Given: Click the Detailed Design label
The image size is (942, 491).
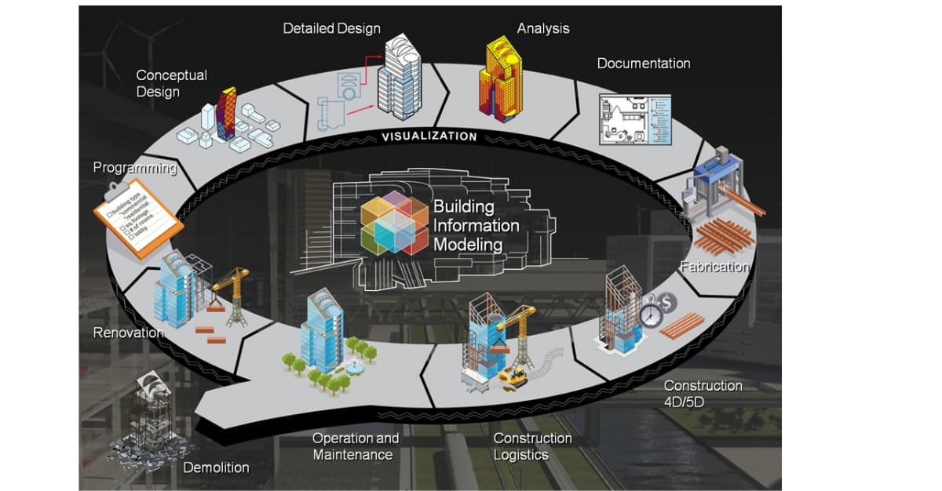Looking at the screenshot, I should point(331,28).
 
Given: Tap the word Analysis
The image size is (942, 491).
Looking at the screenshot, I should point(543,28).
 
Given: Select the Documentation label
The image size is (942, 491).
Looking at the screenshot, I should point(644,64).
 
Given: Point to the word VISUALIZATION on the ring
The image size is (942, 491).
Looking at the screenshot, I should point(429,136).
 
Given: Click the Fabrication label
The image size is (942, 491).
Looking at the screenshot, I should point(714,267).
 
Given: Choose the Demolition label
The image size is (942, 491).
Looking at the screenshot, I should point(216,467).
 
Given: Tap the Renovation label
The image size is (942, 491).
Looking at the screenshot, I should point(129,333).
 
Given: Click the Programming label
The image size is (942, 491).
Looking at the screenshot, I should point(134,167).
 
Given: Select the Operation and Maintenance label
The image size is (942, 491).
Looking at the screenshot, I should point(355,446).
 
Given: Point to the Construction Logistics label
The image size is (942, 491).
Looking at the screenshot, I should point(532,446).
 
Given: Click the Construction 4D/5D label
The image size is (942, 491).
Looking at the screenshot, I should point(703,394).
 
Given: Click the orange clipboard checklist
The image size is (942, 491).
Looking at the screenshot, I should point(137,220).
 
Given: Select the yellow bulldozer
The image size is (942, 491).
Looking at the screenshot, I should point(513,376).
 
